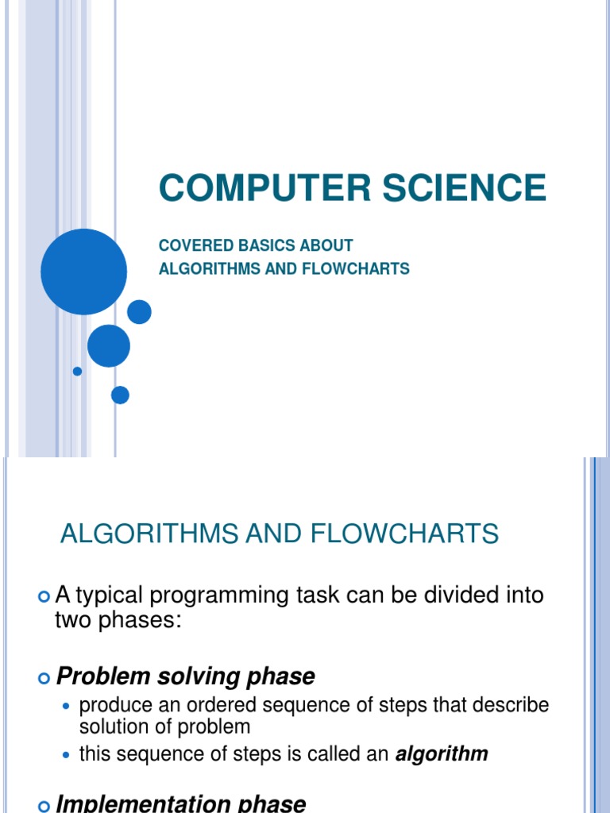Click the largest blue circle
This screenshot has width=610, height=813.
tap(83, 272)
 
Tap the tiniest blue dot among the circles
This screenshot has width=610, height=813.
tap(77, 371)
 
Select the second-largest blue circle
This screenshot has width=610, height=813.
tap(109, 345)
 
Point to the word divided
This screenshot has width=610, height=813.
tap(450, 595)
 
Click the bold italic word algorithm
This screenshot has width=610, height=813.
tap(442, 754)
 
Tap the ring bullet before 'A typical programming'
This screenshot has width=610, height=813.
tap(44, 596)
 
